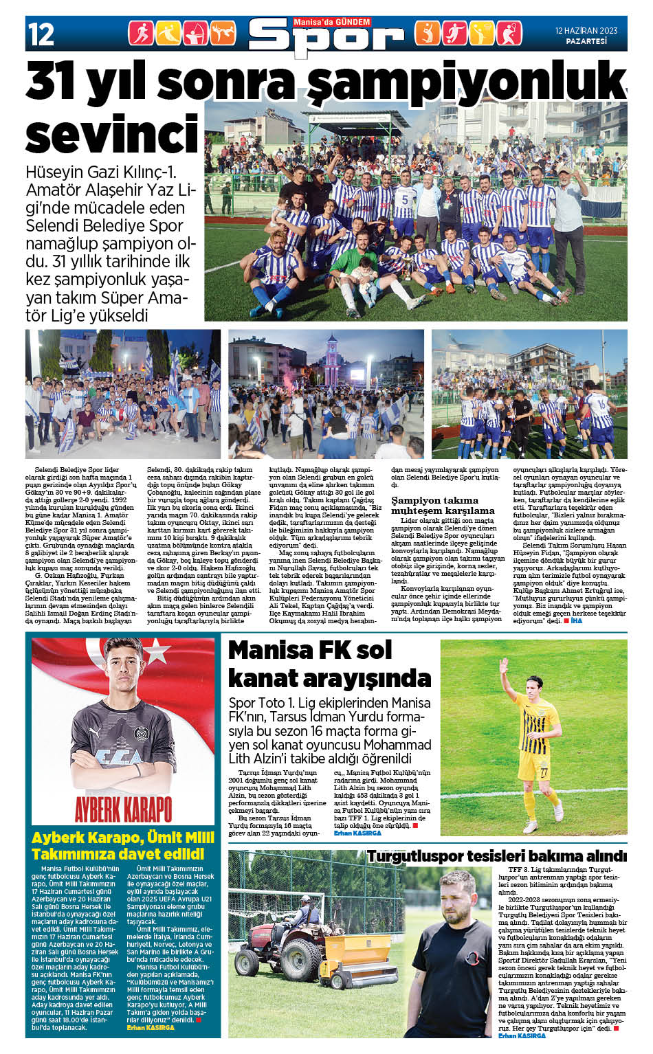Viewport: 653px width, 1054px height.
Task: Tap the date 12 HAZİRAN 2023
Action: coord(586,30)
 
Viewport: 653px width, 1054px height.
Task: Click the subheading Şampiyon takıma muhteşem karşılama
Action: coord(443,505)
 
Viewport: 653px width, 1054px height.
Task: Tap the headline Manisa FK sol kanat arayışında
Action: coord(329,664)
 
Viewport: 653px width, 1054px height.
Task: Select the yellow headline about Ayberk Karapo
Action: coord(123,846)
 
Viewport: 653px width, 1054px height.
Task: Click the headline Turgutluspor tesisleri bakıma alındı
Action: coord(496,856)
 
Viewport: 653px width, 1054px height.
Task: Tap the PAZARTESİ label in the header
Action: coord(586,41)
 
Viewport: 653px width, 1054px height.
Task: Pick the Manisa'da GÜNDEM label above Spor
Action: coord(331,22)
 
